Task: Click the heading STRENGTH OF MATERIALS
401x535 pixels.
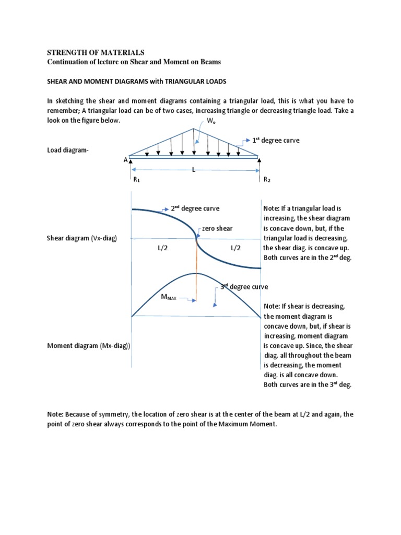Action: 96,52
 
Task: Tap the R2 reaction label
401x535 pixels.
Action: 266,179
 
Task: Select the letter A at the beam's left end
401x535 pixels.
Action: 125,160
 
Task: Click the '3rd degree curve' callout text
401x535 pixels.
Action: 244,287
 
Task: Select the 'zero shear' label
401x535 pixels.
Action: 217,228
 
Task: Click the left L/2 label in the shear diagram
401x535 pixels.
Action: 162,249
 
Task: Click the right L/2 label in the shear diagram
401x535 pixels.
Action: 235,249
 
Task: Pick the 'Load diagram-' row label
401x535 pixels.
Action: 68,150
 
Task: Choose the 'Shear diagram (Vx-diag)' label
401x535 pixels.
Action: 82,238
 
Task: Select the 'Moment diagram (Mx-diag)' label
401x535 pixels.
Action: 89,346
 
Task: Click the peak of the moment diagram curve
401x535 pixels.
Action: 196,273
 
